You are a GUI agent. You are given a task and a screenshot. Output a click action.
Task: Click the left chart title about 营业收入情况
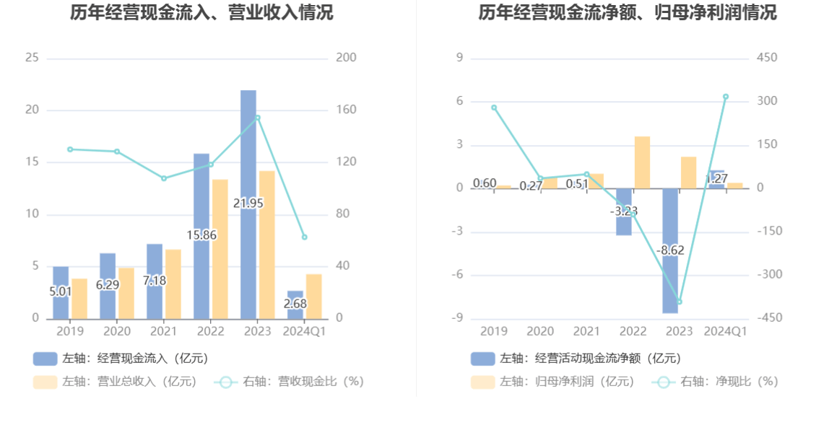click(x=201, y=13)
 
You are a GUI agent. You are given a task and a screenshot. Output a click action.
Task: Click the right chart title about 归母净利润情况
click(x=627, y=13)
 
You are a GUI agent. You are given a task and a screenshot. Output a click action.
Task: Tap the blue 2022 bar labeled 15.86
click(x=201, y=195)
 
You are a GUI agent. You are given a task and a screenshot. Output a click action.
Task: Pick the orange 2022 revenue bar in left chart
click(x=220, y=249)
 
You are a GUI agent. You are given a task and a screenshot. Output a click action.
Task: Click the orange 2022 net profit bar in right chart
click(x=642, y=162)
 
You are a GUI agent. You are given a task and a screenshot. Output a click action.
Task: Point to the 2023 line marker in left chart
click(x=258, y=118)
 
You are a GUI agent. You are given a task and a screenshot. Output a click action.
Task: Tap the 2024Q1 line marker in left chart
click(x=304, y=237)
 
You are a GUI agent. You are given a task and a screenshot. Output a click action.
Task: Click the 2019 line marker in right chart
click(x=494, y=108)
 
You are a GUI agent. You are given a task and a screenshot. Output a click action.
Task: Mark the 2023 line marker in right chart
click(x=680, y=302)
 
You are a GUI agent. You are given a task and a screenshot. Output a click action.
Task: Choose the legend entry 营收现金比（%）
click(x=289, y=382)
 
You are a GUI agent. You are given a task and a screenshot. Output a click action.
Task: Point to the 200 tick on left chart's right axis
click(x=347, y=58)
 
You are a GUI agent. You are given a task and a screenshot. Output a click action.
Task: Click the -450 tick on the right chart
click(x=767, y=318)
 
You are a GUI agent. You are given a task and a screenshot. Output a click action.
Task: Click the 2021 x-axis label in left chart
click(x=163, y=331)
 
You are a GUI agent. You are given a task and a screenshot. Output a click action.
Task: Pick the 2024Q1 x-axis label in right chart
click(x=726, y=331)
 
